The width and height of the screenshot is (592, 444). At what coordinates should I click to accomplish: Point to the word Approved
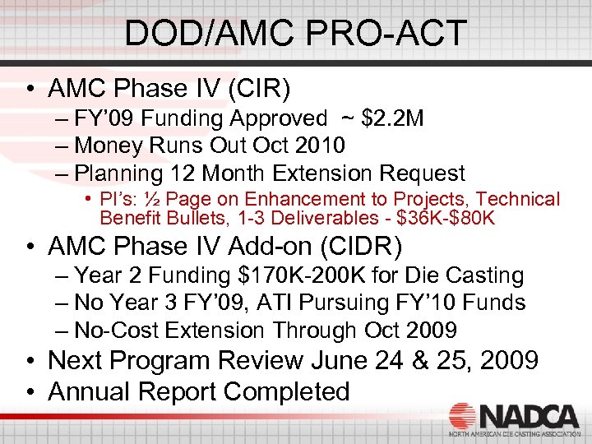[278, 119]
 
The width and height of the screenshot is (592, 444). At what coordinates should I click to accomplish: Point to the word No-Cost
[116, 331]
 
